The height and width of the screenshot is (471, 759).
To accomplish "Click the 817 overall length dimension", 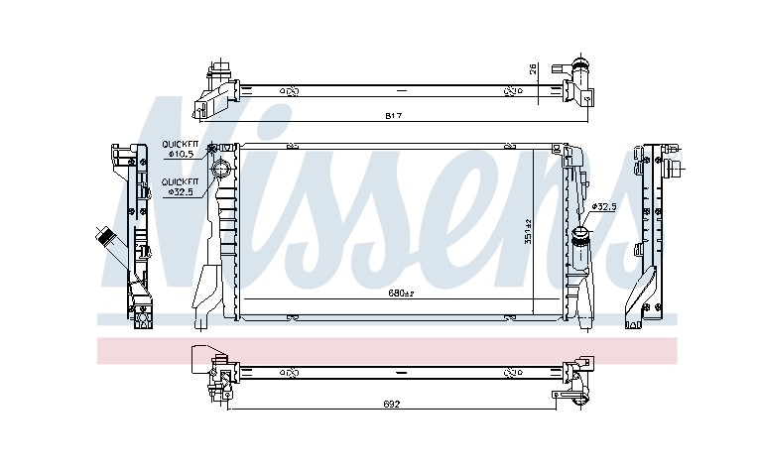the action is click(x=394, y=116).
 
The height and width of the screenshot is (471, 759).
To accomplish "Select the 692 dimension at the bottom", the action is click(x=392, y=404).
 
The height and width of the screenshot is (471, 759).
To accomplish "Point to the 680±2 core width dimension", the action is click(x=401, y=294).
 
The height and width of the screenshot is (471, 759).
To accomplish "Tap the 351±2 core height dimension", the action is click(x=528, y=232).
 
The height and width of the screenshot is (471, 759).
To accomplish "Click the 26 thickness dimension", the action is click(x=533, y=69).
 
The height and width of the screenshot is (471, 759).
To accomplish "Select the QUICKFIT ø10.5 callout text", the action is click(x=180, y=149).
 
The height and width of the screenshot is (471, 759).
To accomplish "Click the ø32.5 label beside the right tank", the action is click(x=604, y=207).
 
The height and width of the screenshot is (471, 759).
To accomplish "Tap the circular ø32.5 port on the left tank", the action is click(x=221, y=169).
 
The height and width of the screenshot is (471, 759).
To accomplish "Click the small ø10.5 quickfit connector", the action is click(x=211, y=149).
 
